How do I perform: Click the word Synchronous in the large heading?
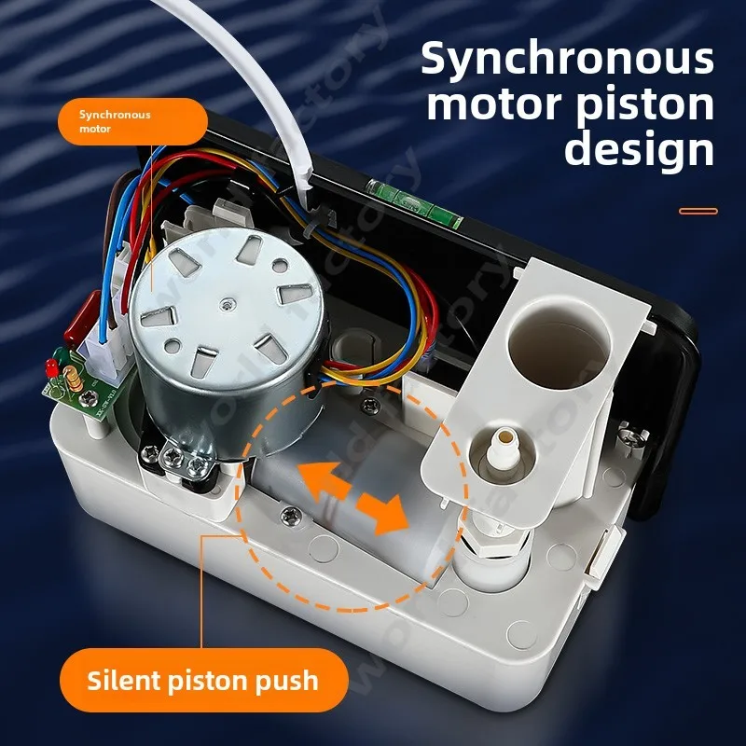tap(567, 59)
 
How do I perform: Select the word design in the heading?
tap(639, 149)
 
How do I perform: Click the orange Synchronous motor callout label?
tap(131, 121)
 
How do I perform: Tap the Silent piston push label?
tap(202, 680)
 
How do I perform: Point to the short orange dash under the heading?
tap(698, 211)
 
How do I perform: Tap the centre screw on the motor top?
tap(227, 301)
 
